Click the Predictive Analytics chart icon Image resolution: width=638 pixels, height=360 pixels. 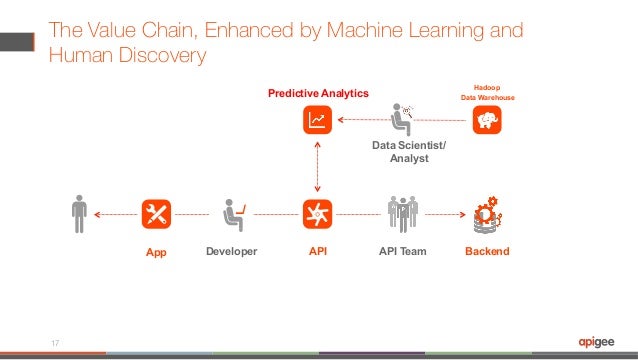(317, 121)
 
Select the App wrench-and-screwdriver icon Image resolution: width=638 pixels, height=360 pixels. (157, 213)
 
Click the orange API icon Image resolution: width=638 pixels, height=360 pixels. (317, 213)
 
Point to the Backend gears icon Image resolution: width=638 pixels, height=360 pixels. (486, 213)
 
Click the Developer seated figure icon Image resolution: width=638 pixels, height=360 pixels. (233, 213)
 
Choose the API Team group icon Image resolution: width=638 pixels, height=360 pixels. (402, 213)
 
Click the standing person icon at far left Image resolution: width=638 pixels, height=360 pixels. (80, 213)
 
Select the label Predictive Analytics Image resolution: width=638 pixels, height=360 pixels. (317, 93)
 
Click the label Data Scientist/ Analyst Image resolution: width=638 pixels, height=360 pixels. (410, 152)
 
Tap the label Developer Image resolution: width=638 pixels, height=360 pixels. (232, 251)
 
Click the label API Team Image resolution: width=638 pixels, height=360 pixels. (402, 251)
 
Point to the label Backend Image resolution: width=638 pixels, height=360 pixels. (487, 251)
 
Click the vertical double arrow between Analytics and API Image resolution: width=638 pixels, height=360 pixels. (317, 167)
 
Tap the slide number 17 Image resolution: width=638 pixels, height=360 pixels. (56, 340)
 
